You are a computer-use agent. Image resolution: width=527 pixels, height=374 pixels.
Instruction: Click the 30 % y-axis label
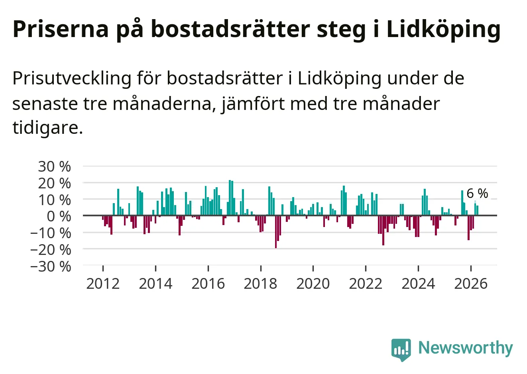coord(54,166)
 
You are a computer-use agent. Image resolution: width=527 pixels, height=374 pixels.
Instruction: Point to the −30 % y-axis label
coord(51,266)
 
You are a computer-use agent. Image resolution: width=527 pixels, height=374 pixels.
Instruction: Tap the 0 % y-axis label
coord(59,217)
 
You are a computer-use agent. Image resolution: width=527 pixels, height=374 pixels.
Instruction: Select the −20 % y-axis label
coord(51,250)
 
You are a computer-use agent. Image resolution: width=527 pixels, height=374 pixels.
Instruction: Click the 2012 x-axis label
coord(103,284)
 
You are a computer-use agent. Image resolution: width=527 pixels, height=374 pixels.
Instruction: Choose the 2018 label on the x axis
coord(260,284)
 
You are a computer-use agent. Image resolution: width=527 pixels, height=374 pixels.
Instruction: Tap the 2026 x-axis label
coord(471,284)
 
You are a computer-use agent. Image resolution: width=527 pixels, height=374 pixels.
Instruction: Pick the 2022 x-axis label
coord(366,284)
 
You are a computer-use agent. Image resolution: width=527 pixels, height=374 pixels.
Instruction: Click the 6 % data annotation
coord(477,194)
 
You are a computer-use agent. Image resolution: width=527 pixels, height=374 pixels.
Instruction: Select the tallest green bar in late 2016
coord(230,198)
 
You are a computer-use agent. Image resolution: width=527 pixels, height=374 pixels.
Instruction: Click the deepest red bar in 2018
coord(276,231)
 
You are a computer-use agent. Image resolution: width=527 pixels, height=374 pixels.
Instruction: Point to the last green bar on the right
coord(477,210)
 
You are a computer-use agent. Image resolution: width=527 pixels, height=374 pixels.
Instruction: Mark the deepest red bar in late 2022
coord(383,230)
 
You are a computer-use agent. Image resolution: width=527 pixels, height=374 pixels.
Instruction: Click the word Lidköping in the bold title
coord(443,29)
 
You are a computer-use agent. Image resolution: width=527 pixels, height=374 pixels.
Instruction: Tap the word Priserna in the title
coord(61,29)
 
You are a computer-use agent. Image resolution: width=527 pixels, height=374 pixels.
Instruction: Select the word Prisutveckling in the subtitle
coord(72,78)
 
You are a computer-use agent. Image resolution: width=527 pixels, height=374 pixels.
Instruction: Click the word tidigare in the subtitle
coord(48,128)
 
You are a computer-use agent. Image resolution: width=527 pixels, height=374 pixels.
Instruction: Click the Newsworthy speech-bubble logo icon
coord(401,350)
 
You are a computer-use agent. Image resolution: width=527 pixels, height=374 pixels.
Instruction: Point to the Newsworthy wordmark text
coord(466,348)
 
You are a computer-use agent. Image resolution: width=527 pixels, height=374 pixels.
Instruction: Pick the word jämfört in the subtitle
coord(253,104)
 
